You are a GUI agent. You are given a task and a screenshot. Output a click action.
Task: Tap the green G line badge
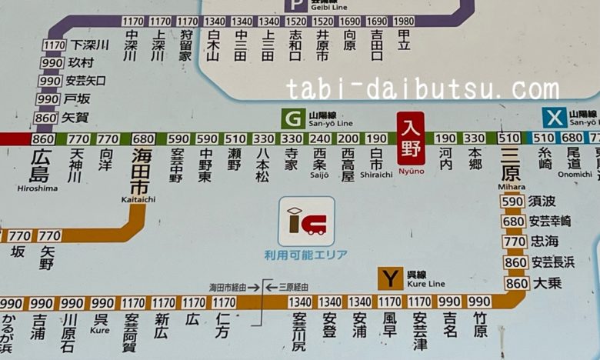(x=292, y=118)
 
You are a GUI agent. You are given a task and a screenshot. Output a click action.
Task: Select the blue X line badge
(x=554, y=118)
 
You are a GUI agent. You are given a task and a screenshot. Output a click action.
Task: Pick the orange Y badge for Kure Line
(x=390, y=278)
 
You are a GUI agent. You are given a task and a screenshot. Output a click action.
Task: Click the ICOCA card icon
(x=306, y=222)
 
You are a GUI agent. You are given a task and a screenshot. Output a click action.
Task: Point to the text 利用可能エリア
(x=306, y=255)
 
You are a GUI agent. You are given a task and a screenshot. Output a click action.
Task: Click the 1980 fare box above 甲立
(x=403, y=22)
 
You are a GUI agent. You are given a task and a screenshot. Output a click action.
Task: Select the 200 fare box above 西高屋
(x=348, y=139)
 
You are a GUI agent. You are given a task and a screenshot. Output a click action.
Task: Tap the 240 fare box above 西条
(x=320, y=139)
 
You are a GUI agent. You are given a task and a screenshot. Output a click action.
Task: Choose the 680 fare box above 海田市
(x=144, y=139)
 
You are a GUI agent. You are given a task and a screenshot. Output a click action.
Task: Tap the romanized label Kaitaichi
(x=138, y=199)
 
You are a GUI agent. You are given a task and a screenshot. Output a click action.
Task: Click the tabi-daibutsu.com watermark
(x=422, y=90)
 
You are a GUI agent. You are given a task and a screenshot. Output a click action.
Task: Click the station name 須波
(x=542, y=202)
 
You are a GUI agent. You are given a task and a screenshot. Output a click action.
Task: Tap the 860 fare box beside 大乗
(x=515, y=283)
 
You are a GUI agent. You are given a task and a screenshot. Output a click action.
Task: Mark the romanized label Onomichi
(x=575, y=174)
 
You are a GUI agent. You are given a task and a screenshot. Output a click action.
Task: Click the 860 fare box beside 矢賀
(x=46, y=118)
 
